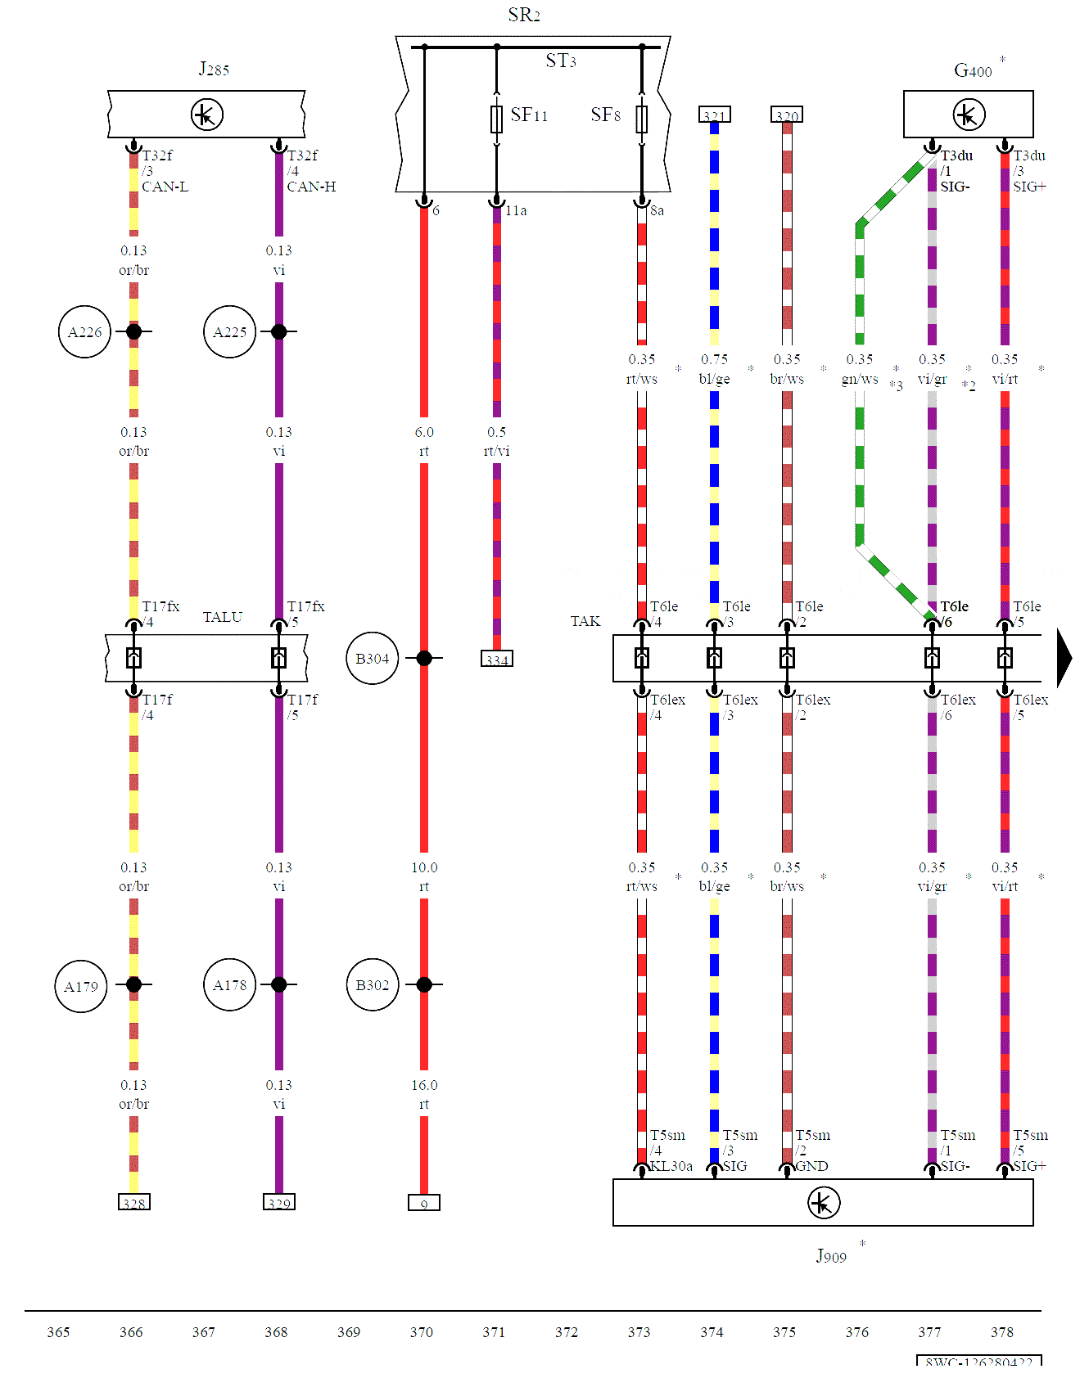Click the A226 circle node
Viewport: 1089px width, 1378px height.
coord(85,332)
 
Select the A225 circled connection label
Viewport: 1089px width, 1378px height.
coord(229,332)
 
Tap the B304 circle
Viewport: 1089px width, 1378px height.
coord(373,659)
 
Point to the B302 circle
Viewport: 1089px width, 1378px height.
coord(373,985)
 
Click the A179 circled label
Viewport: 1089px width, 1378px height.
coord(81,987)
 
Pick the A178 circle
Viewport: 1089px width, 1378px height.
coord(229,985)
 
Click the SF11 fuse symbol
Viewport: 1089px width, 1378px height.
coord(496,119)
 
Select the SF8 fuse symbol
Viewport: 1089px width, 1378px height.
coord(642,119)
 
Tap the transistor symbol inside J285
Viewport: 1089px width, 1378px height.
coord(206,115)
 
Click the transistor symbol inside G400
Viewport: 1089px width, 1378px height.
coord(969,115)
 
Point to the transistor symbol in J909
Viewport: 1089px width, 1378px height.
coord(823,1203)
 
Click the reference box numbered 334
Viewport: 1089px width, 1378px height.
coord(497,660)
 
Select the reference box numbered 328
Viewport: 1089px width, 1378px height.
coord(134,1203)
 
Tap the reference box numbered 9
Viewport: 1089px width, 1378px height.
coord(424,1203)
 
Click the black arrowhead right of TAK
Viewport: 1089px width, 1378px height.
coord(1064,658)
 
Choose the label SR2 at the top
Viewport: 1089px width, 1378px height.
coord(524,15)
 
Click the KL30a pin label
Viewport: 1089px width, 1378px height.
coord(671,1166)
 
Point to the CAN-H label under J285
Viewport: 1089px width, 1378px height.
coord(311,187)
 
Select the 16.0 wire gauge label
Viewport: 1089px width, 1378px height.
coord(424,1085)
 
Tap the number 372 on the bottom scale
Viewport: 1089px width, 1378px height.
coord(567,1332)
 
